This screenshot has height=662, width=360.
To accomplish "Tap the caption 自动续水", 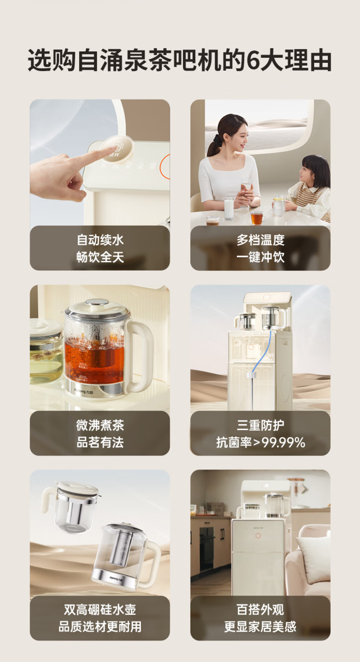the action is tap(100, 240).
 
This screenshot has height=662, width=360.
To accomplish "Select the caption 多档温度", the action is tap(261, 240).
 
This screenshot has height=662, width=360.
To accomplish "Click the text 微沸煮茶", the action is tap(100, 425).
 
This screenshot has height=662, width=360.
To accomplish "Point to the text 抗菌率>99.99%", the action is tap(261, 442).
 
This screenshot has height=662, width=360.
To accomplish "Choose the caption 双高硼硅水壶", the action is tap(100, 610).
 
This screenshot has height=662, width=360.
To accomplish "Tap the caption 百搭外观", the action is tap(261, 610).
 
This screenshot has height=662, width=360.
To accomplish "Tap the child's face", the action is tap(308, 174).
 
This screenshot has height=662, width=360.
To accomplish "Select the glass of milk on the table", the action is tap(229, 208).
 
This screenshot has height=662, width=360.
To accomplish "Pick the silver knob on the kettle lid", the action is tap(97, 302).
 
